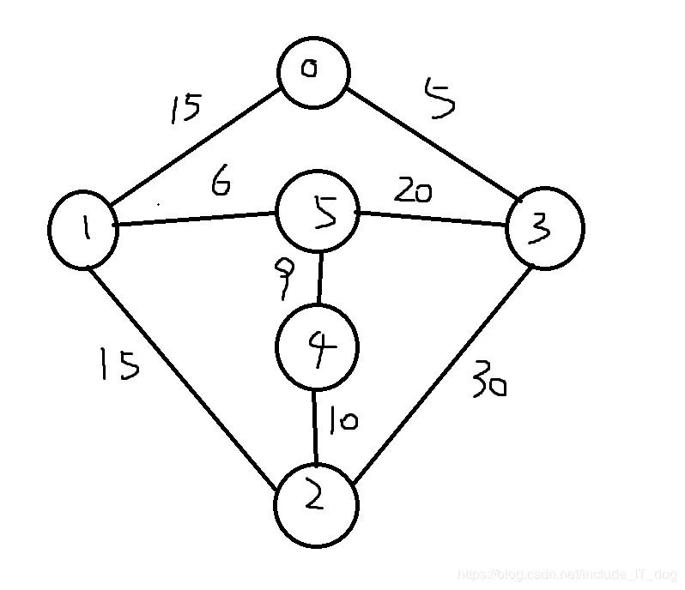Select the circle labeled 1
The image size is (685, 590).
pos(83,229)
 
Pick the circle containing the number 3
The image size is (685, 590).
pos(544,228)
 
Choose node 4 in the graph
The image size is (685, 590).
pos(316,347)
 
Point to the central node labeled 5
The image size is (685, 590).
pos(317,214)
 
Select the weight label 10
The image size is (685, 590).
pos(341,420)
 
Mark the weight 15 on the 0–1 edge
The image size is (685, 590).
pos(185,109)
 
